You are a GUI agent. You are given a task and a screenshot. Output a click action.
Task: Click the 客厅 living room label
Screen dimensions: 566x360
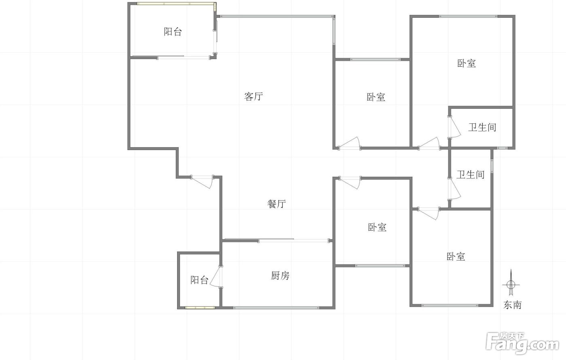253,96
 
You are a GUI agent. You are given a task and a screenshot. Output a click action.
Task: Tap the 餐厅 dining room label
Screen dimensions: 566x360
277,204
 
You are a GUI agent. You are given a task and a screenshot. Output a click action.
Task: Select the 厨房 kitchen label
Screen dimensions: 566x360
280,275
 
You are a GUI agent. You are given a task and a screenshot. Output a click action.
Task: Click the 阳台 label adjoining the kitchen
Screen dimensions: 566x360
199,280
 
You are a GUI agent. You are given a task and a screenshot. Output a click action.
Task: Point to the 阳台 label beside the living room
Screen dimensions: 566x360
173,32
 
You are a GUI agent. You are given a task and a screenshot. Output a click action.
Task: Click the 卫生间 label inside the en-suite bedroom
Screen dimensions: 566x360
482,127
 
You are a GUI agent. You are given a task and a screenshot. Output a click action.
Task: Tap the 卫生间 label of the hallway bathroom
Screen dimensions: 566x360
470,174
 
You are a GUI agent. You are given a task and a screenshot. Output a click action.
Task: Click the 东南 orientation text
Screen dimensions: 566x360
513,305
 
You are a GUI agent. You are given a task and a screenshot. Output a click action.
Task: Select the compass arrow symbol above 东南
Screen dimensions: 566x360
511,283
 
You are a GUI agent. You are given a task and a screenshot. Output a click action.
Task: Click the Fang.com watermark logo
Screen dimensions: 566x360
522,343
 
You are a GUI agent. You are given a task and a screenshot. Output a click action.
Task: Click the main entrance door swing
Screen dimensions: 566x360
202,182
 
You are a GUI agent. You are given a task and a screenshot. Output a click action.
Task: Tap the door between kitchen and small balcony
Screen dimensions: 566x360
216,277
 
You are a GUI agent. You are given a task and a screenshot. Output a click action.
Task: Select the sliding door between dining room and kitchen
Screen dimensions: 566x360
277,240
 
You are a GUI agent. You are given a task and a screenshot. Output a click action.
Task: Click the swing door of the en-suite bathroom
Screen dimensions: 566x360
454,127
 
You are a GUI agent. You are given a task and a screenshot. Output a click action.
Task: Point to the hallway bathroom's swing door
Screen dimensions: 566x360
454,189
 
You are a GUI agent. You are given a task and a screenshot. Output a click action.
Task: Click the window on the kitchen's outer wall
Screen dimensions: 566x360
276,308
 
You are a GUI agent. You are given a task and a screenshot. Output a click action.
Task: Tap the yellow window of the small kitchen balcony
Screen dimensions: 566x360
200,308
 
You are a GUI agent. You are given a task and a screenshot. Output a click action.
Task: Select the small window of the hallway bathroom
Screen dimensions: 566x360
492,166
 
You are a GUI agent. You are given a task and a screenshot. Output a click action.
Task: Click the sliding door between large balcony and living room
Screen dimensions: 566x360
171,57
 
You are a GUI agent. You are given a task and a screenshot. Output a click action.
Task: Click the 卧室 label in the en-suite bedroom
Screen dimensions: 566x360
467,63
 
